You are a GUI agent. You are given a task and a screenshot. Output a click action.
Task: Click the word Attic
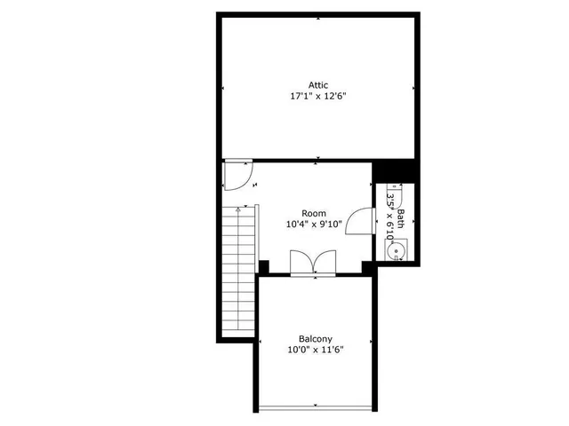(318, 85)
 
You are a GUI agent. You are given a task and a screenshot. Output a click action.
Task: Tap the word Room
(313, 213)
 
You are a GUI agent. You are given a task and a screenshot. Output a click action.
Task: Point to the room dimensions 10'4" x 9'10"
(313, 225)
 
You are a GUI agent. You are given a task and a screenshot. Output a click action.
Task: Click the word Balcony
(316, 338)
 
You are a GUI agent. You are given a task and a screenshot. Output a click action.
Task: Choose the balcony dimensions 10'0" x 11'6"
(316, 350)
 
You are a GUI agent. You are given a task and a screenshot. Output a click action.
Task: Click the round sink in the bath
(397, 252)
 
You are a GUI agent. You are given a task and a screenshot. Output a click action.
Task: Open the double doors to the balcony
(313, 263)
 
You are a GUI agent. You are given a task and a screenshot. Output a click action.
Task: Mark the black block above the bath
(395, 171)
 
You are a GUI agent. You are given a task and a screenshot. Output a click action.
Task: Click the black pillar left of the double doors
(263, 266)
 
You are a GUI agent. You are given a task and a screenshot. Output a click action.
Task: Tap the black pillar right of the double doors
(366, 266)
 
